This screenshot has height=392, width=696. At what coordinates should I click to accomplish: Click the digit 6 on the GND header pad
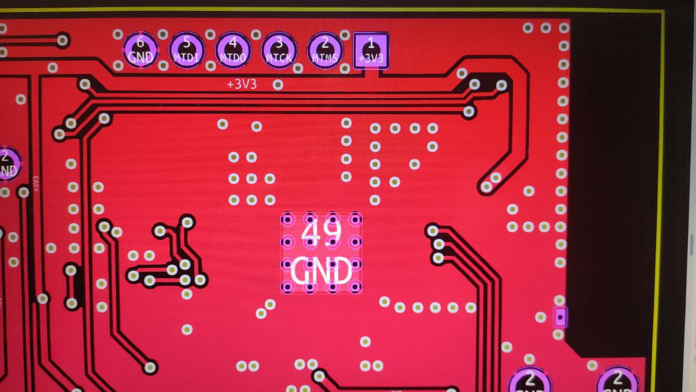coord(140,42)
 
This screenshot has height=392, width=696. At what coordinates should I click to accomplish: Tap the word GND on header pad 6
coord(140,57)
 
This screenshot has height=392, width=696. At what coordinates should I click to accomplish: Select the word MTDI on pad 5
coord(187,58)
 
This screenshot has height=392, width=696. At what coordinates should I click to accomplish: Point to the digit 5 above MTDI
coord(187,42)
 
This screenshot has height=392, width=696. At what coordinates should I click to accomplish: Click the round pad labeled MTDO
coord(233,50)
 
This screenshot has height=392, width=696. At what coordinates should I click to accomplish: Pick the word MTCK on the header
coord(279,58)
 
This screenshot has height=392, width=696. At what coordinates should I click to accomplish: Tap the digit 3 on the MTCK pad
coord(279,42)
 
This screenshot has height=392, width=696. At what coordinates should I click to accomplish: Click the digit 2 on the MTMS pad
coord(325,42)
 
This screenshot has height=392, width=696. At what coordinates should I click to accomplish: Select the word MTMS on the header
coord(325,58)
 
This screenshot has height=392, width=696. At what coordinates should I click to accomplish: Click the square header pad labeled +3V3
coord(371,50)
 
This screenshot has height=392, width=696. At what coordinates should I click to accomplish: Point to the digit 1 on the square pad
coord(371,42)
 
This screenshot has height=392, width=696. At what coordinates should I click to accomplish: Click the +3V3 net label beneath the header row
coord(242,85)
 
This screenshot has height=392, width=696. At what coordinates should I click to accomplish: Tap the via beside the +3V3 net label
coord(278,84)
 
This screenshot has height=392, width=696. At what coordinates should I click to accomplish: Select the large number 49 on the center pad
coord(321,233)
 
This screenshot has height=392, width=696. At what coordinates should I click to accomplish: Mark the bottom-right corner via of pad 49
coord(356,286)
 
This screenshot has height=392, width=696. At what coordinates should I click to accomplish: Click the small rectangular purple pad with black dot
coord(560,316)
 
